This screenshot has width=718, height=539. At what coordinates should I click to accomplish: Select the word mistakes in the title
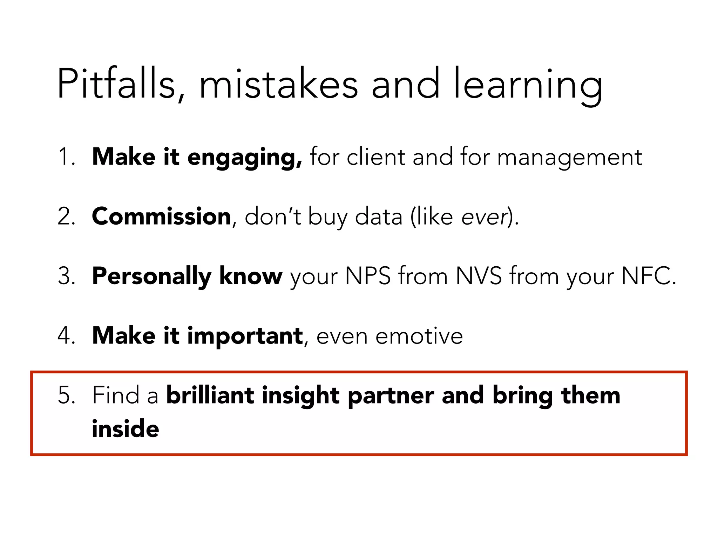[279, 84]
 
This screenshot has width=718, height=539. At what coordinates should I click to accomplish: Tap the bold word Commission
[161, 216]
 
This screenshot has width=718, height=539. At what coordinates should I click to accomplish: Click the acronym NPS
[368, 276]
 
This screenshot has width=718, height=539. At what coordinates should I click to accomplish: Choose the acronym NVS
[479, 276]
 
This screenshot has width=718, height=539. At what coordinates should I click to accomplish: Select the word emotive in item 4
[419, 336]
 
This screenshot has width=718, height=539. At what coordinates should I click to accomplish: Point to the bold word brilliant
[210, 395]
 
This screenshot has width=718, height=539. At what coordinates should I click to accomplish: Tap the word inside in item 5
[125, 429]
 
